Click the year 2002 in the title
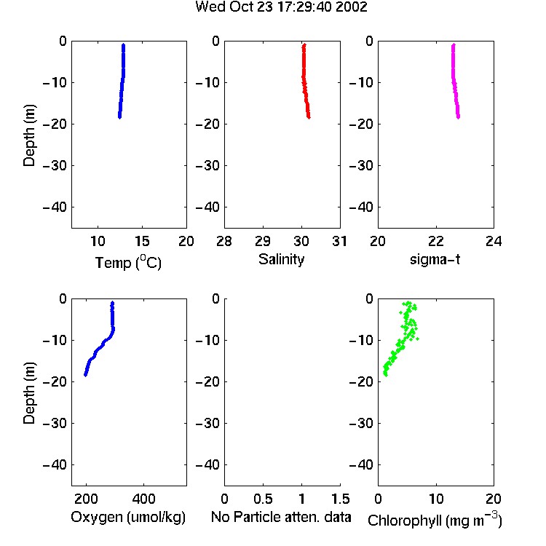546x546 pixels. click(x=352, y=7)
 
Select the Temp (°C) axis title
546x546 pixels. click(x=128, y=262)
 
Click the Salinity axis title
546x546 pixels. click(x=281, y=259)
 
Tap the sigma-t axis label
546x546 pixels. click(x=435, y=259)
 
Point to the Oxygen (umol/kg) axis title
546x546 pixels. click(x=128, y=517)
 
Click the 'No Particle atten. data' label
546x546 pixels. click(x=281, y=517)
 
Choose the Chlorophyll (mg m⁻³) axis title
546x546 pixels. click(x=435, y=520)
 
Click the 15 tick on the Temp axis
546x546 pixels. click(x=142, y=241)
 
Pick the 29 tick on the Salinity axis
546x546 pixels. click(x=263, y=241)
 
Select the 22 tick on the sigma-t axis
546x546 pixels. click(x=435, y=241)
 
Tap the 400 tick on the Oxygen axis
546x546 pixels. click(x=144, y=499)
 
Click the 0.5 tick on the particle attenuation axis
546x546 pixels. click(x=263, y=499)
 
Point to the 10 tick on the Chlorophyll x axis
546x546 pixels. click(x=435, y=499)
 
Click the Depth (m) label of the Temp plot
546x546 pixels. click(x=29, y=135)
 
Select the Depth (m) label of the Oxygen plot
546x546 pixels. click(x=29, y=393)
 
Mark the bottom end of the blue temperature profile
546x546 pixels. click(x=119, y=117)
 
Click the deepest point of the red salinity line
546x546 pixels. click(x=309, y=117)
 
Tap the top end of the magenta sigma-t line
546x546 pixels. click(x=454, y=44)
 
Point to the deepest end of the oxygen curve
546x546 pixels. click(x=85, y=375)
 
